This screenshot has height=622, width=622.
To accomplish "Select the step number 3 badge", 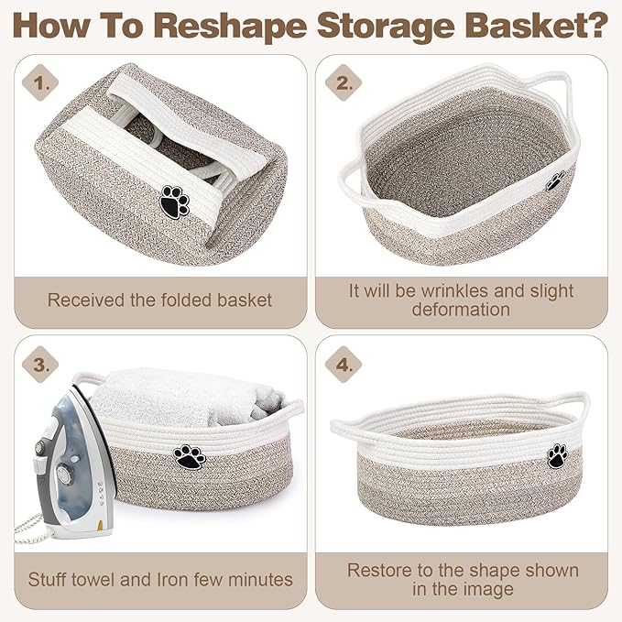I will [x=39, y=365].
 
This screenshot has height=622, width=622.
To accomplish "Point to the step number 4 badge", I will [x=343, y=365].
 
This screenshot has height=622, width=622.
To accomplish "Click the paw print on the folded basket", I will [x=174, y=200].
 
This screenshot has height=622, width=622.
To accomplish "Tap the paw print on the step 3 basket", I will [x=190, y=456].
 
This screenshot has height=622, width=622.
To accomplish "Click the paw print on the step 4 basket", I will [x=557, y=454].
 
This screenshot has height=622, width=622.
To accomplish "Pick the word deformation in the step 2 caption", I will [x=461, y=310].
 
